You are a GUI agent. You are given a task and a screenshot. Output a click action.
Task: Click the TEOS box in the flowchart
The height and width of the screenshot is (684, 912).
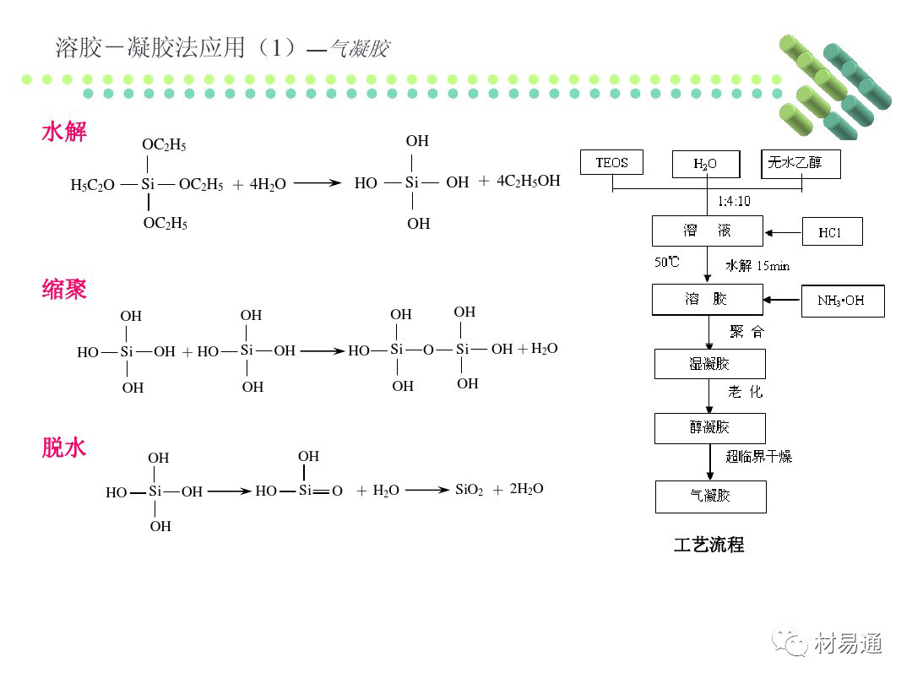[611, 163]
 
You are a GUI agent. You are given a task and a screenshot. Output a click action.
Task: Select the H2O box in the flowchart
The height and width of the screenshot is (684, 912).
[706, 164]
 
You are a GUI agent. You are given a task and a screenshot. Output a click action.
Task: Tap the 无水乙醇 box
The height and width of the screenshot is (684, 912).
[801, 163]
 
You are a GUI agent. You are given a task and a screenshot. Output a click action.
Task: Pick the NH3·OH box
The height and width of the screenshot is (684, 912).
[842, 301]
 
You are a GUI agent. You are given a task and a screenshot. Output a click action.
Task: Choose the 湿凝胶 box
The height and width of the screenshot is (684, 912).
[709, 364]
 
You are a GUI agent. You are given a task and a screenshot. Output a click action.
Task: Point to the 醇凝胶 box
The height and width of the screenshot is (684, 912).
[709, 428]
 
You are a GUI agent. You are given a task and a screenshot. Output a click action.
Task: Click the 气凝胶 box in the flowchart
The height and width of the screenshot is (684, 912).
[710, 497]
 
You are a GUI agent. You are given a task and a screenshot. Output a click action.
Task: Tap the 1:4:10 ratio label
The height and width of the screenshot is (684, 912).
[733, 202]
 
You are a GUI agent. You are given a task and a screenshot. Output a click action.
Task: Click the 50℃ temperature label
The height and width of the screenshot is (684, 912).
[666, 262]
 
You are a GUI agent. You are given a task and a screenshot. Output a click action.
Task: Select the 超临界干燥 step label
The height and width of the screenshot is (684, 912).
[758, 457]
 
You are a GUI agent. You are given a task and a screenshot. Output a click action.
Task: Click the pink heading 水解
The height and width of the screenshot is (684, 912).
[64, 132]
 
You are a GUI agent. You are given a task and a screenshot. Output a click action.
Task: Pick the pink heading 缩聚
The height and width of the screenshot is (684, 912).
[64, 290]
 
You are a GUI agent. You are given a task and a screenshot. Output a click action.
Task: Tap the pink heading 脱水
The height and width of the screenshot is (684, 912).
[64, 448]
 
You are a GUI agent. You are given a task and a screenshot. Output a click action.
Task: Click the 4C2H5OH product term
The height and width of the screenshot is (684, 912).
[529, 181]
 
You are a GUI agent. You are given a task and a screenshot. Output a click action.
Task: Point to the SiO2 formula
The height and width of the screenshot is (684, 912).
[470, 490]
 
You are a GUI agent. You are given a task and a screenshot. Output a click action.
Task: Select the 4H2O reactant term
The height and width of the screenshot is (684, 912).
[268, 184]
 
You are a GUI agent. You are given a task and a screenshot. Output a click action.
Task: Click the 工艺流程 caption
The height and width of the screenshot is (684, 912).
[708, 545]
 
